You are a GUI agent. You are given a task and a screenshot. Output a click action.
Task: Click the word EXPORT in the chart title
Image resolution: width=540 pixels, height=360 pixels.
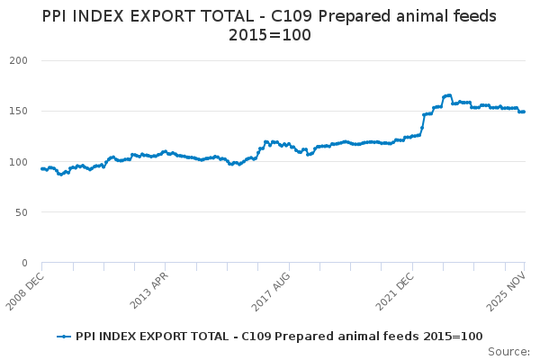click(x=198, y=17)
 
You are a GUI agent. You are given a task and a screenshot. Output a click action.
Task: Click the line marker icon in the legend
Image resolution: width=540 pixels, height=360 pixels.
click(x=64, y=336)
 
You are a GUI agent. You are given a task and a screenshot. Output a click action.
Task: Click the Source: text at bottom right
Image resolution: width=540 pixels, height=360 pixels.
click(x=510, y=351)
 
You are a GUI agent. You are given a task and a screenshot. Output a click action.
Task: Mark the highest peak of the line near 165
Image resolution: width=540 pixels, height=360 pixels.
click(x=447, y=94)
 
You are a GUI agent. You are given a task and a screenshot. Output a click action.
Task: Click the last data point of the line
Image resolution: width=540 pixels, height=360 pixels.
click(x=524, y=112)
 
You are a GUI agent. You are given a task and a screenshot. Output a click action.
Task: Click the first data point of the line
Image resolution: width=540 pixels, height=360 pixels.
click(x=41, y=168)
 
